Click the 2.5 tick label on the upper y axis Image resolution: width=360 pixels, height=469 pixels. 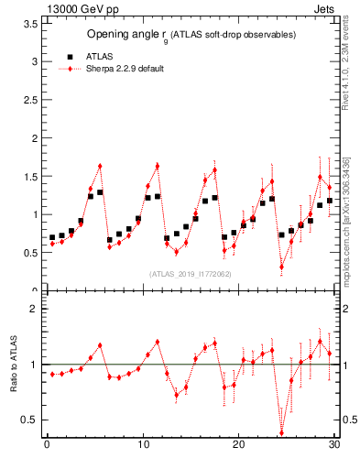tap(29, 100)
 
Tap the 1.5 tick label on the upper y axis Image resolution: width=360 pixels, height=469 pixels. tap(29, 177)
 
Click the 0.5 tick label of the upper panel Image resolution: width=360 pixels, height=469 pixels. tap(29, 253)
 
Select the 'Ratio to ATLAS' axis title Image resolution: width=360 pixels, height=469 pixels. tap(16, 365)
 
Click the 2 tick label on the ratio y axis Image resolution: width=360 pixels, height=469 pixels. tap(33, 310)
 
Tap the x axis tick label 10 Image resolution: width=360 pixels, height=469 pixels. tap(142, 445)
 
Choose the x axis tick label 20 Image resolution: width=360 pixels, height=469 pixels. tap(238, 445)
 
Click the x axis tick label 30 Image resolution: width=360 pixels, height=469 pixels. tap(333, 445)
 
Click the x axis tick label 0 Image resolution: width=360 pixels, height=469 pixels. tap(47, 445)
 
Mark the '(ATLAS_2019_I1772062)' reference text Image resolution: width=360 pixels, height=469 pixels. tap(191, 274)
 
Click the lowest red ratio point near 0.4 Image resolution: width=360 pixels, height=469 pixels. tap(281, 433)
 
